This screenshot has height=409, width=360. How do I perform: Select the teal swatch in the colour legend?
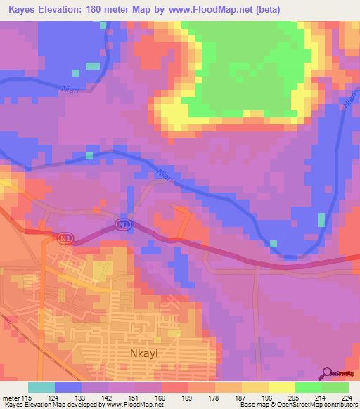pos(41,387)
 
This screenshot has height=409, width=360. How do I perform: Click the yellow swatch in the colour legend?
pos(282,387)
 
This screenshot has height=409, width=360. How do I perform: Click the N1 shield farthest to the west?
pos(65,240)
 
